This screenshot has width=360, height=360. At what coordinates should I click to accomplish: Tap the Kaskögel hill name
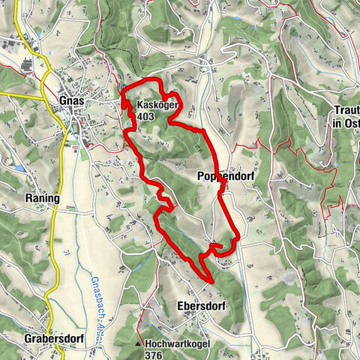click(157, 106)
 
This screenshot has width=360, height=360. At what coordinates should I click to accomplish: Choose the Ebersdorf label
click(201, 306)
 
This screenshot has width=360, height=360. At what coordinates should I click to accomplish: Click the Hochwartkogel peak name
click(178, 344)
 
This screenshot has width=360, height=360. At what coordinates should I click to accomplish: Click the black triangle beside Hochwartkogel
click(139, 345)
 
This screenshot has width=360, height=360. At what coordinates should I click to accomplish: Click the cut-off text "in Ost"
click(346, 122)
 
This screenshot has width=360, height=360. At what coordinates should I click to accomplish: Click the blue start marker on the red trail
click(123, 89)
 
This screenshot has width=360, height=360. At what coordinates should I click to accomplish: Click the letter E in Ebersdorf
click(181, 306)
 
